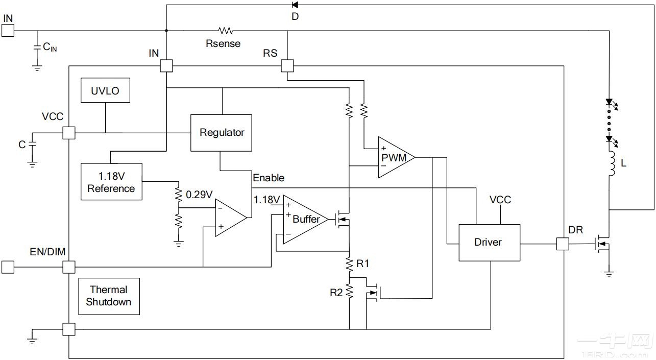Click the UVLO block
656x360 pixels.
click(105, 91)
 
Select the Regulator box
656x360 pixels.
click(221, 133)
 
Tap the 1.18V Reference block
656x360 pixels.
click(111, 182)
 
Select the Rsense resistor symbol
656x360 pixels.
click(225, 31)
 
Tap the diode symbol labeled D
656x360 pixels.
click(295, 5)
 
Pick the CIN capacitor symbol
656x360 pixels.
click(37, 47)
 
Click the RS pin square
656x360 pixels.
click(287, 66)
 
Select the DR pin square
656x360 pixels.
click(562, 244)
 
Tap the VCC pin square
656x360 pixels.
click(68, 133)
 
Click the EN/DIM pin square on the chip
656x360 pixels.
click(68, 267)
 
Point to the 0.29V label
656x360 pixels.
click(200, 195)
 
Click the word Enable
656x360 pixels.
click(269, 178)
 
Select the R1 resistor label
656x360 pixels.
click(362, 264)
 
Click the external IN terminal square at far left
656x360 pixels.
click(8, 31)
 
